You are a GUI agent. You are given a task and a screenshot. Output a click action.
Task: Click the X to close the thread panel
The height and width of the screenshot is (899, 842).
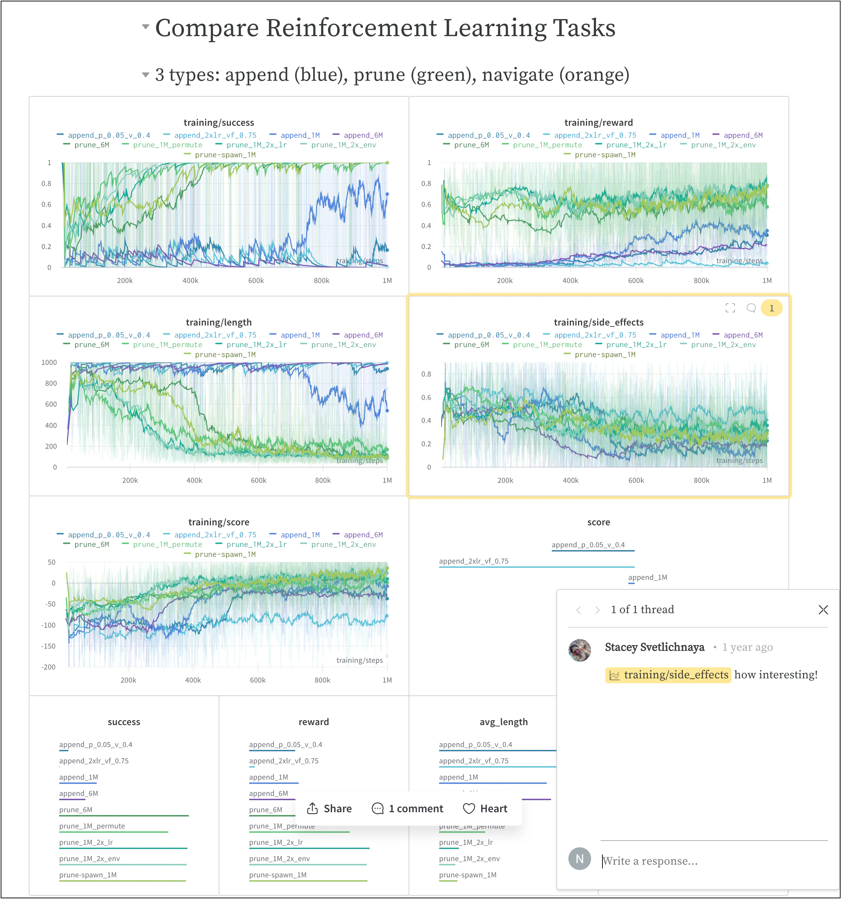pyautogui.click(x=823, y=610)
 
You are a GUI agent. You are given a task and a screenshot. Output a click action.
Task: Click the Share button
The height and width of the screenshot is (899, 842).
pyautogui.click(x=329, y=809)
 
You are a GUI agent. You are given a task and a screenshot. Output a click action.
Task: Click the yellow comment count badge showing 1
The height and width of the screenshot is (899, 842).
pyautogui.click(x=771, y=308)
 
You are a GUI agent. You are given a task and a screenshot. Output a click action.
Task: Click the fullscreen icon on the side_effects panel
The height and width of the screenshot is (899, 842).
pyautogui.click(x=730, y=308)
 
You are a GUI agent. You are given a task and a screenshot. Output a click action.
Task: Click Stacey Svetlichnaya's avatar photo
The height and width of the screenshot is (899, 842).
pyautogui.click(x=579, y=650)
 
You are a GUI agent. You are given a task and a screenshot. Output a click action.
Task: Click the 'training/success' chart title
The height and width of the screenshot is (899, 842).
pyautogui.click(x=219, y=123)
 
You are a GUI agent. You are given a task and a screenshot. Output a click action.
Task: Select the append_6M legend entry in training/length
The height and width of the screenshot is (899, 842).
pyautogui.click(x=363, y=335)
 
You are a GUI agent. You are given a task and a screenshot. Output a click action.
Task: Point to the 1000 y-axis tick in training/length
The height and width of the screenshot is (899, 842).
pyautogui.click(x=49, y=362)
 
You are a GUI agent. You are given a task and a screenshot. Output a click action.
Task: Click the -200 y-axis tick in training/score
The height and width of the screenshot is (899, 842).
pyautogui.click(x=49, y=667)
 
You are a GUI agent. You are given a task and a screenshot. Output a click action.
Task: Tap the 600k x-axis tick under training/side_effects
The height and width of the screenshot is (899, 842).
pyautogui.click(x=636, y=480)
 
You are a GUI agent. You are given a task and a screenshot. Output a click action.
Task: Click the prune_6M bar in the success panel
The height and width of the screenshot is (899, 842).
pyautogui.click(x=124, y=815)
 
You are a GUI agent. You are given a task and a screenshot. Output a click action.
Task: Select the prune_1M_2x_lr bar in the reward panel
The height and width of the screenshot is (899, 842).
pyautogui.click(x=309, y=848)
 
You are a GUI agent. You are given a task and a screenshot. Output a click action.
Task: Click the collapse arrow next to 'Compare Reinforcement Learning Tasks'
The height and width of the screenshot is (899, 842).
pyautogui.click(x=145, y=27)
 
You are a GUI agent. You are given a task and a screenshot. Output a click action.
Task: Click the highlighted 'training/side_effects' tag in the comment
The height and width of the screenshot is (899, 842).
pyautogui.click(x=668, y=675)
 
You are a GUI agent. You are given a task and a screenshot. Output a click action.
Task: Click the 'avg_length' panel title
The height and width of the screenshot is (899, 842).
pyautogui.click(x=503, y=722)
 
